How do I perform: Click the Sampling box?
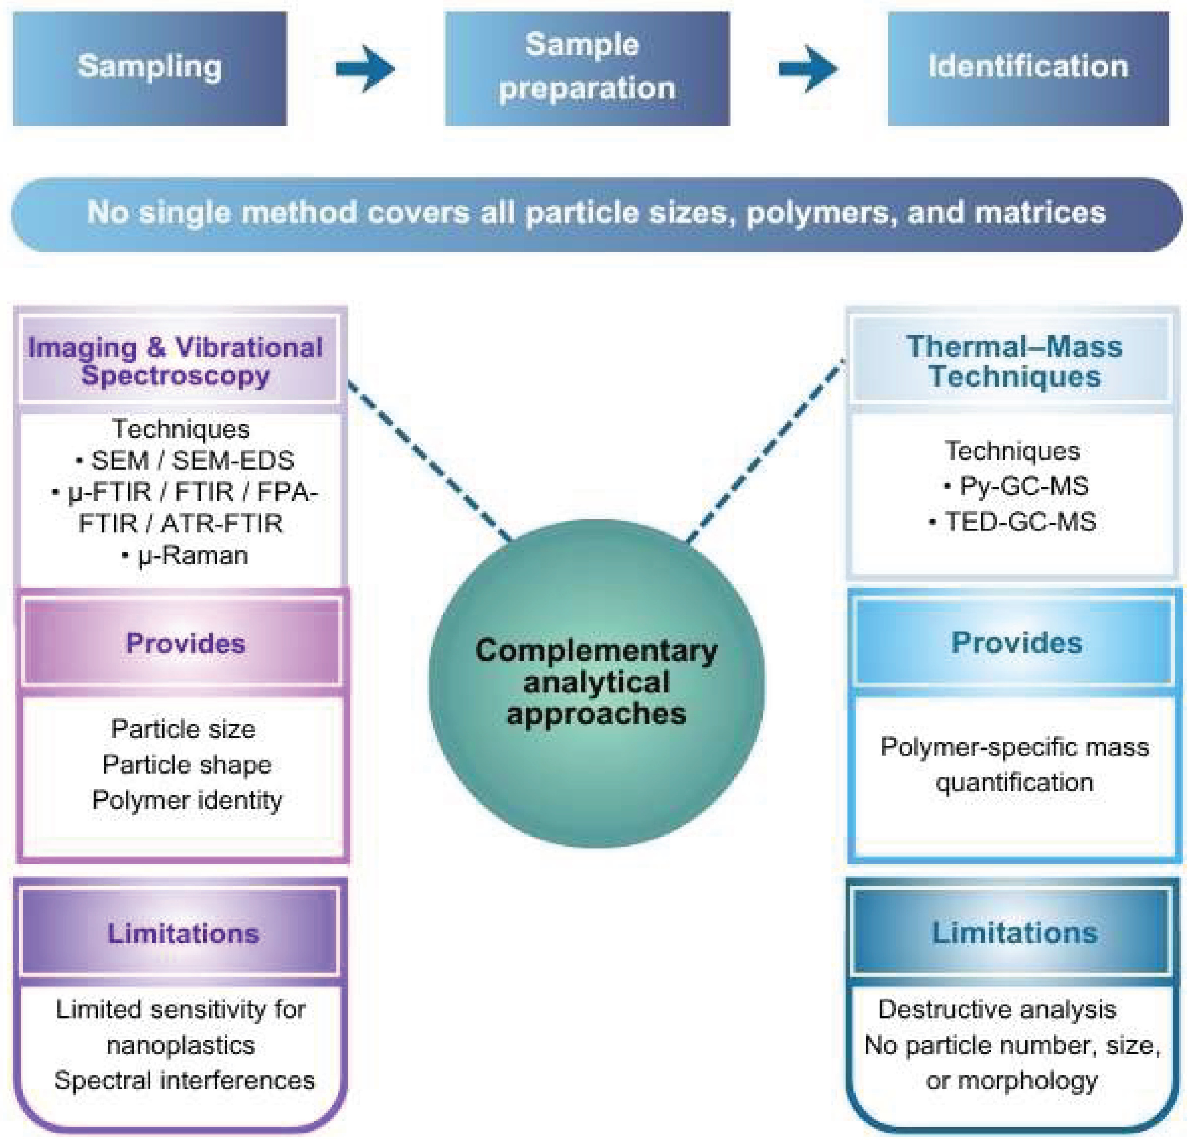pos(149,68)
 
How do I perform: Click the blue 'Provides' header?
pos(1016,642)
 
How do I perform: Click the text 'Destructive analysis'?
pos(997,1010)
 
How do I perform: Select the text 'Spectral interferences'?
pos(185,1080)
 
